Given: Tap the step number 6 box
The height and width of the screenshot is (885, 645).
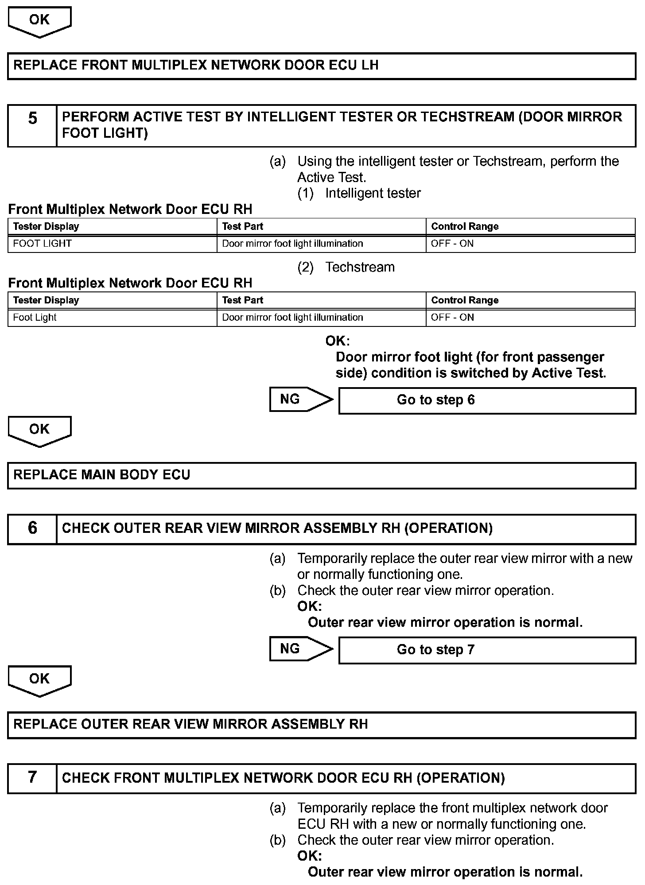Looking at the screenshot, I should point(32,528).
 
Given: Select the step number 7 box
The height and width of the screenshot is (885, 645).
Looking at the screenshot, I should point(32,778).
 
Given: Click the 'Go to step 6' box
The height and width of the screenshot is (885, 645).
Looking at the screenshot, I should point(487,400).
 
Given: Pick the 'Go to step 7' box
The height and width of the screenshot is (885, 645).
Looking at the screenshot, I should point(487,650).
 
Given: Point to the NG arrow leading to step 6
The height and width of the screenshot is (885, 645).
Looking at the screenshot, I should point(301,400).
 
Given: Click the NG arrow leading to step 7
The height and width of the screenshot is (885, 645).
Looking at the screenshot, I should point(301,649).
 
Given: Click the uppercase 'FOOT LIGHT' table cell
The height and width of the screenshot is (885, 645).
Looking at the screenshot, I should point(43,244).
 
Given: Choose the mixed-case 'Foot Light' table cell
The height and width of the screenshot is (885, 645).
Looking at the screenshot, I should point(35,318).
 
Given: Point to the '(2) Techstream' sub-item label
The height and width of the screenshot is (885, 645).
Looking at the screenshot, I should point(346,267).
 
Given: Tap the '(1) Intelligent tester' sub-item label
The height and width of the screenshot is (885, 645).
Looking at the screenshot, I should point(359,193).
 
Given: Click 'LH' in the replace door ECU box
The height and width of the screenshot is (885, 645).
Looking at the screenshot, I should point(370,66).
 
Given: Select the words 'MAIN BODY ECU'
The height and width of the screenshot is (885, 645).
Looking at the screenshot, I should point(136,475).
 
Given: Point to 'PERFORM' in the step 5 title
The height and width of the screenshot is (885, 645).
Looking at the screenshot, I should point(95,117).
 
